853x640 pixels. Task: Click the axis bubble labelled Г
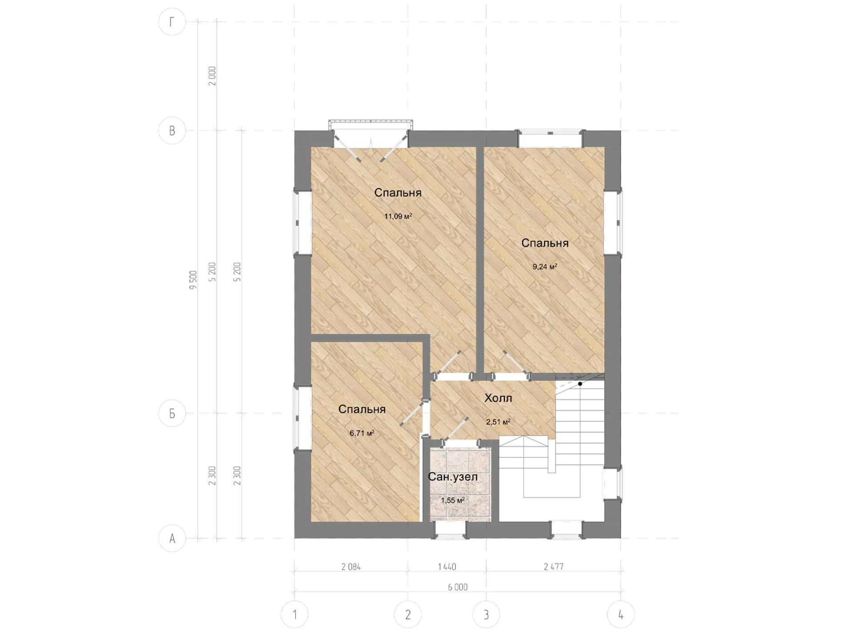(172, 22)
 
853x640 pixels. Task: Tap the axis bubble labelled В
(172, 131)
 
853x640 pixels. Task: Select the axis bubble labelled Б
(172, 413)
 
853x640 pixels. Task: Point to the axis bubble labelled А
(172, 538)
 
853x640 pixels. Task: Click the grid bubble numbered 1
(295, 615)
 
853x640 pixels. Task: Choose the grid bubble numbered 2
(408, 615)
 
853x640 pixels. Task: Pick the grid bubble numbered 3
(486, 615)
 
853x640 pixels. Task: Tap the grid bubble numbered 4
(621, 615)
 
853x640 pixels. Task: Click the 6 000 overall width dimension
(458, 587)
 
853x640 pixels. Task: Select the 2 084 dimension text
(351, 567)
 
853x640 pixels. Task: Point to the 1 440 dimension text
(447, 567)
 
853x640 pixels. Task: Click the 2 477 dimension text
(554, 567)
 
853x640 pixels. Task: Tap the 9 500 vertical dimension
(193, 280)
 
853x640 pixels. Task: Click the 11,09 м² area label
(398, 216)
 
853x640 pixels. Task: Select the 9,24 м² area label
(545, 267)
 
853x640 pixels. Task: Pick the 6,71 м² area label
(362, 433)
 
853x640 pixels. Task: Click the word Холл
(498, 398)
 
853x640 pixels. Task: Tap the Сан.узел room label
(453, 477)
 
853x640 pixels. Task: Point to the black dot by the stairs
(580, 384)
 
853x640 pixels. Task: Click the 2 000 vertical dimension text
(212, 76)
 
